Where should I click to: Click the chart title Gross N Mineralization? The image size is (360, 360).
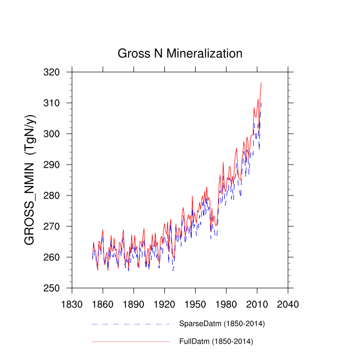(x=180, y=53)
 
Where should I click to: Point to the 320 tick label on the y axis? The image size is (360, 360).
(x=58, y=73)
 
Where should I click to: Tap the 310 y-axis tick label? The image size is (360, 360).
(x=58, y=103)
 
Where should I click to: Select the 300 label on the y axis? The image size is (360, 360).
(x=58, y=134)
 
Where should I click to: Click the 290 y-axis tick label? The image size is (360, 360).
(x=58, y=165)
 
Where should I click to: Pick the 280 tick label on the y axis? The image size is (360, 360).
(x=58, y=196)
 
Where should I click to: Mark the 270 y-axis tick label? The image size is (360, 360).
(x=58, y=227)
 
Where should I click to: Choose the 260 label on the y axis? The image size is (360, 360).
(x=58, y=258)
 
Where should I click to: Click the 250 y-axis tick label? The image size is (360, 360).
(x=58, y=289)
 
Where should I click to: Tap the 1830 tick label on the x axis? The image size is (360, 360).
(x=72, y=304)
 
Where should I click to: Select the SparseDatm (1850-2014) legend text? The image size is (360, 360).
(x=222, y=324)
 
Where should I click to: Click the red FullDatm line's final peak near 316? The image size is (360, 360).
(x=261, y=83)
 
